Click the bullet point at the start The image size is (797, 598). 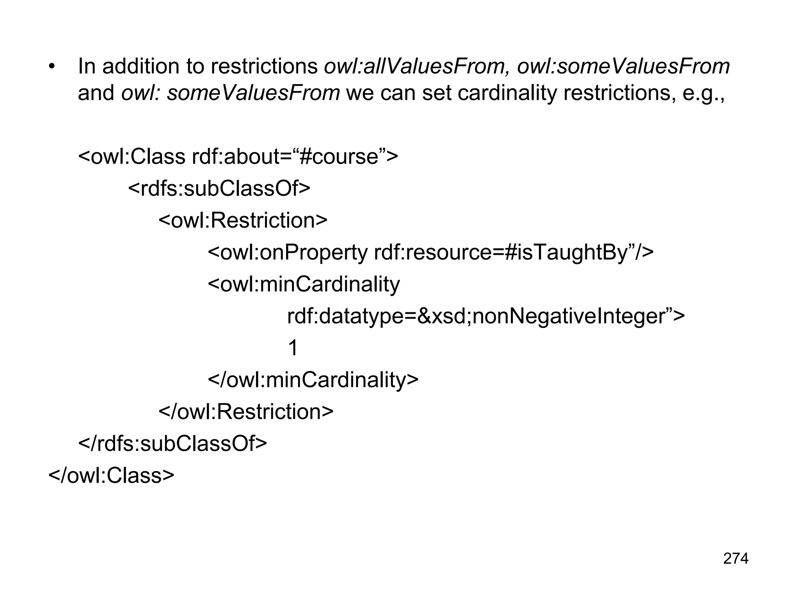pos(52,67)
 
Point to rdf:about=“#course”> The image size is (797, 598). pos(295,157)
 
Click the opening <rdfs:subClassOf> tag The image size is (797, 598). pos(219,188)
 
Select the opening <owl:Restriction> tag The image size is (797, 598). pos(243,220)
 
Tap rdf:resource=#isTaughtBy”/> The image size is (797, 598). pos(514,252)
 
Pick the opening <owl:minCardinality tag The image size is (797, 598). pos(304,284)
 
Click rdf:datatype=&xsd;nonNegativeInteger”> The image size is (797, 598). pos(485,316)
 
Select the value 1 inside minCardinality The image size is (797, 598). pos(293,348)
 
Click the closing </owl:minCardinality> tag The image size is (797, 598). pos(313,380)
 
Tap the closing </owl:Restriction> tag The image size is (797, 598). pos(246,412)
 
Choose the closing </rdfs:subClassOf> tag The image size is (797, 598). pos(173,443)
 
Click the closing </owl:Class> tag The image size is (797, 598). pos(111,475)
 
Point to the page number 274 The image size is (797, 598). pos(736,558)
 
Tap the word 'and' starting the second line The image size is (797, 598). pos(96,93)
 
